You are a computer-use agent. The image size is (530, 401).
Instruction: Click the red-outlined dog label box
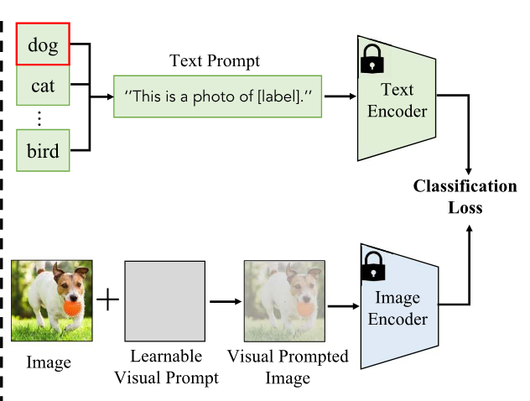[x=42, y=45]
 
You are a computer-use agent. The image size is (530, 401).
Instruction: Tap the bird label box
[x=42, y=152]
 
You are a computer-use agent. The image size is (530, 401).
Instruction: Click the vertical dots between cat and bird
[x=38, y=117]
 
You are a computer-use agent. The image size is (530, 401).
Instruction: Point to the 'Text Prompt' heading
[x=215, y=61]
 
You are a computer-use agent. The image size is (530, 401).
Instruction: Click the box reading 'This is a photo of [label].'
[x=218, y=96]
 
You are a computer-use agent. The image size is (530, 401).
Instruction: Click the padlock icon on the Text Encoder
[x=370, y=59]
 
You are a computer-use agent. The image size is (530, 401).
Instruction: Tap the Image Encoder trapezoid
[x=399, y=309]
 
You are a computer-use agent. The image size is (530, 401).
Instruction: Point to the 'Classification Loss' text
[x=465, y=196]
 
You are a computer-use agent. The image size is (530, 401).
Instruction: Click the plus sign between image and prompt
[x=107, y=299]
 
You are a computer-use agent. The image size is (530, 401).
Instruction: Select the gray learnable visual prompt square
[x=164, y=299]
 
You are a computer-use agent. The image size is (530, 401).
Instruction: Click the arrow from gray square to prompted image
[x=224, y=299]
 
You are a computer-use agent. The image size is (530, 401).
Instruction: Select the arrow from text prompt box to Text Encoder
[x=339, y=96]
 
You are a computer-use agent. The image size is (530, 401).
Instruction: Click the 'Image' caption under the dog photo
[x=48, y=362]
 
